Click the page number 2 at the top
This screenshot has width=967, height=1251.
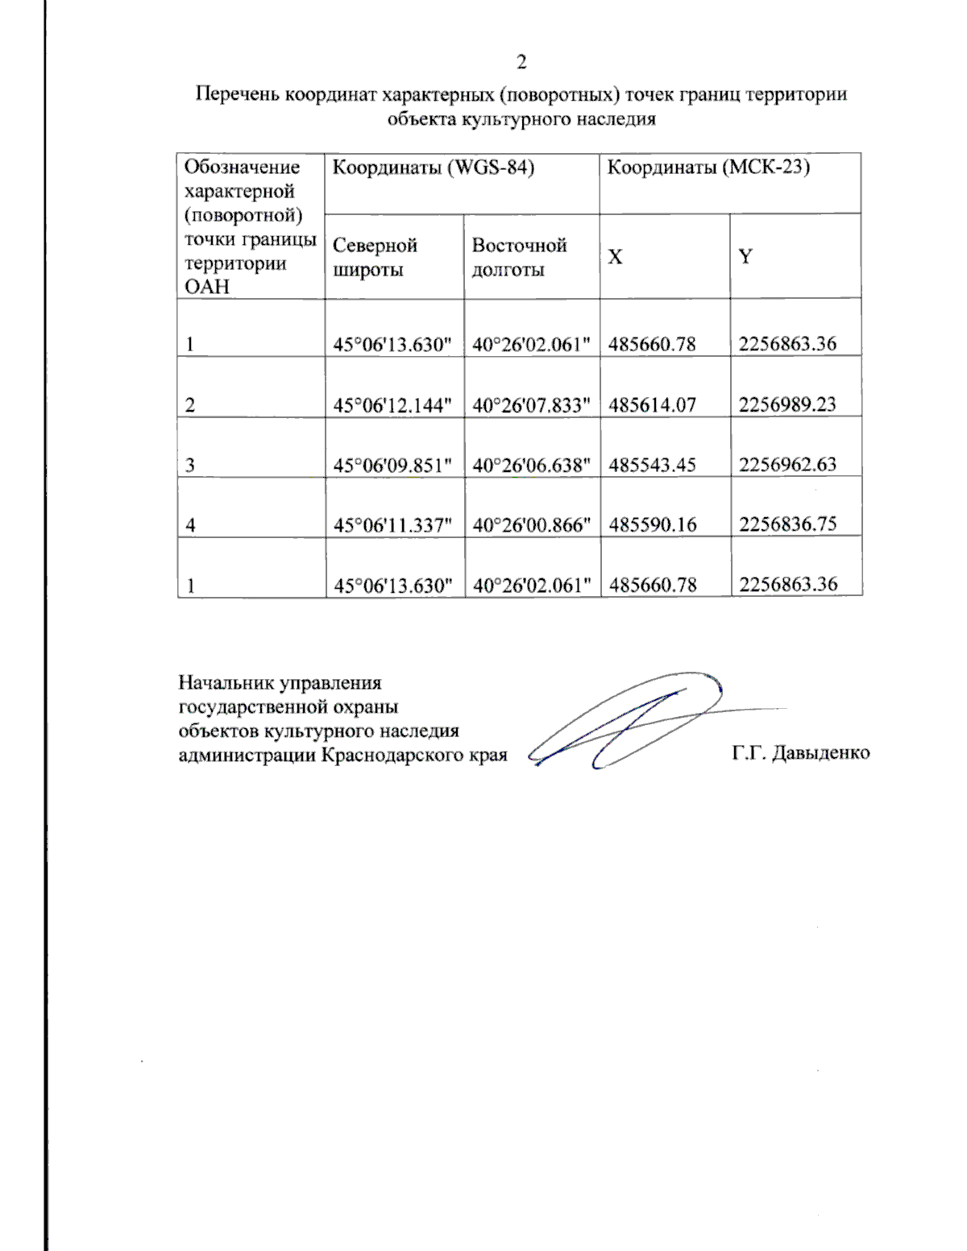click(x=521, y=63)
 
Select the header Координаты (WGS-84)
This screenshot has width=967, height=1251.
click(x=434, y=168)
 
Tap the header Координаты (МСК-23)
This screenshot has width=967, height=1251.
click(x=708, y=168)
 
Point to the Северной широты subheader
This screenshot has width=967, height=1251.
click(x=375, y=257)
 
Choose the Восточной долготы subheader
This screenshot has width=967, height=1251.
click(x=519, y=257)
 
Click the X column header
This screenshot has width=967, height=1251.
click(x=615, y=257)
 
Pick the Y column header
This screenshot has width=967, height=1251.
click(x=745, y=257)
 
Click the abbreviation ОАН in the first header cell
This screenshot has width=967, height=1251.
click(x=207, y=287)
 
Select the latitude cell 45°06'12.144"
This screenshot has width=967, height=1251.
click(x=392, y=405)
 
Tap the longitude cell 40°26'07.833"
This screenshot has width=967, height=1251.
click(x=531, y=405)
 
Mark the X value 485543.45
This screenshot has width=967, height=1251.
click(x=652, y=465)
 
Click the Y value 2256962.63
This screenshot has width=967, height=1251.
click(x=787, y=464)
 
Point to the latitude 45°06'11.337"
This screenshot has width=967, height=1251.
click(x=392, y=525)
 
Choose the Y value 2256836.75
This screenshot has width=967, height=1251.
click(x=787, y=524)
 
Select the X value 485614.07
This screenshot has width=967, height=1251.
click(x=652, y=404)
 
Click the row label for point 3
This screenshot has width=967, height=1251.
click(x=190, y=466)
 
